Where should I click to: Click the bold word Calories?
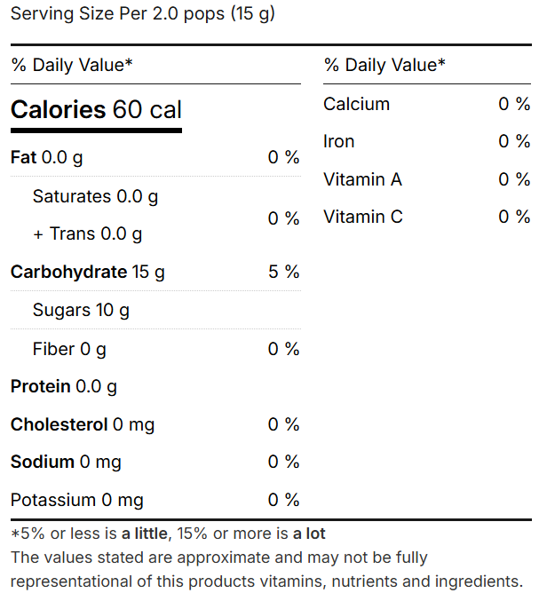tap(58, 110)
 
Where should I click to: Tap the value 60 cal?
tap(147, 110)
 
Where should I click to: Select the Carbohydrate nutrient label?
tap(68, 273)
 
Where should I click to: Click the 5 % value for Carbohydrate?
tap(284, 273)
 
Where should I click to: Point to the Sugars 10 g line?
tap(81, 311)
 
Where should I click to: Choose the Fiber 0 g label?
tap(69, 349)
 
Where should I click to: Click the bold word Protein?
tap(40, 387)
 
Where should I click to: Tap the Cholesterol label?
tap(59, 425)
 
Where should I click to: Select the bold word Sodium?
tap(42, 463)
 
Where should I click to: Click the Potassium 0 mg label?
tap(76, 501)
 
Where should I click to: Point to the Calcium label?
tap(356, 105)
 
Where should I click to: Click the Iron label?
tap(338, 142)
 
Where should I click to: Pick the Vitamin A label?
tap(362, 180)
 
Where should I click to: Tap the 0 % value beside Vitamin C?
tap(514, 217)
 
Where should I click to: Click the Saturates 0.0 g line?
tap(95, 197)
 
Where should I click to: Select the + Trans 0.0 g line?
tap(87, 234)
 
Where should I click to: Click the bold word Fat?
tap(24, 158)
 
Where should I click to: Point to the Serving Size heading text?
tap(142, 15)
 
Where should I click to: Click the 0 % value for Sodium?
tap(284, 463)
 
